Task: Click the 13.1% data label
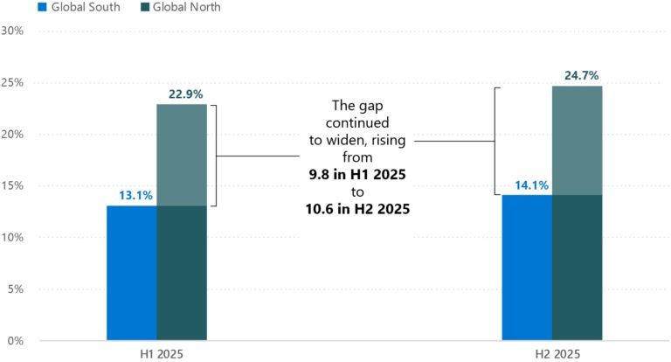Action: pyautogui.click(x=134, y=195)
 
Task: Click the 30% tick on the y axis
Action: pyautogui.click(x=13, y=31)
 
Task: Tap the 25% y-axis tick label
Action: pyautogui.click(x=13, y=82)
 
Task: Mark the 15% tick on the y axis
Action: pyautogui.click(x=13, y=185)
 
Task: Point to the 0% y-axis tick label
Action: pyautogui.click(x=17, y=340)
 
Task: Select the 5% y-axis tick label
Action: pyautogui.click(x=17, y=289)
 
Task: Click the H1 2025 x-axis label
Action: pyautogui.click(x=157, y=353)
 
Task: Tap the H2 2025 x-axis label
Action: pyautogui.click(x=552, y=353)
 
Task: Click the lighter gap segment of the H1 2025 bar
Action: pyautogui.click(x=182, y=155)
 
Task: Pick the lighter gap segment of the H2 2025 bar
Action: pyautogui.click(x=577, y=140)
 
